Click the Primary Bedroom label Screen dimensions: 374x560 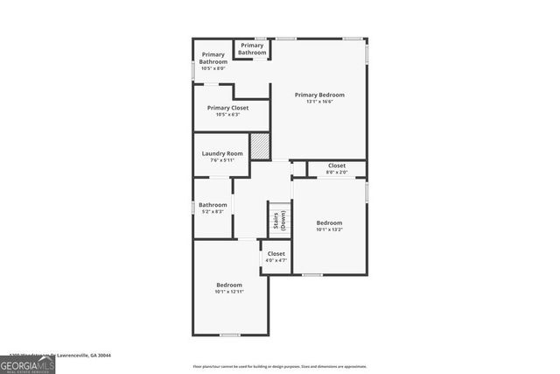tap(319, 95)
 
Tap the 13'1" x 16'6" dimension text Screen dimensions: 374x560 tap(319, 102)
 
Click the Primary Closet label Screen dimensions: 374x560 tap(227, 108)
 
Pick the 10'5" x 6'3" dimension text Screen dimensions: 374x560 tap(227, 115)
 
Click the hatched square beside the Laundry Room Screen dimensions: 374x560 tap(260, 146)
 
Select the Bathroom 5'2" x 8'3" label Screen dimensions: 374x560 tap(213, 208)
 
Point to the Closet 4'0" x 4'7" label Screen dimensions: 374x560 tap(276, 257)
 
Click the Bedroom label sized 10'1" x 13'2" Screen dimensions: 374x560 tap(329, 226)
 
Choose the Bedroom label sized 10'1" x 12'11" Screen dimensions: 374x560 tap(229, 288)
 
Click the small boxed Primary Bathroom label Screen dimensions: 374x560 tap(252, 49)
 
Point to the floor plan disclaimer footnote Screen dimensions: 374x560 tap(280, 366)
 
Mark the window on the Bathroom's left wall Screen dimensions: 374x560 tap(194, 207)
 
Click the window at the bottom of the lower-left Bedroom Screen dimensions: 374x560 tap(229, 335)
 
